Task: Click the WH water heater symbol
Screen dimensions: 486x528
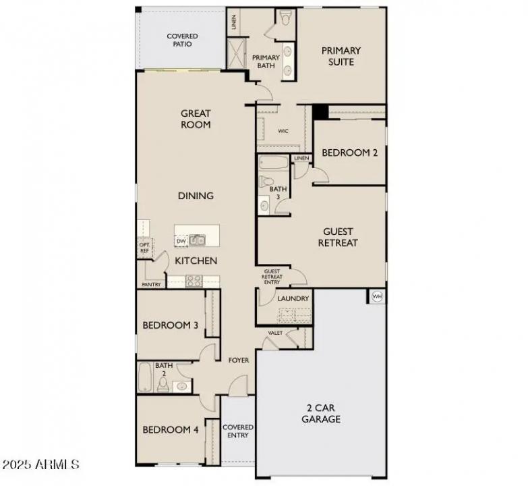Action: tap(376, 296)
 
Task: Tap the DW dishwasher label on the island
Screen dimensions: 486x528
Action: tap(181, 240)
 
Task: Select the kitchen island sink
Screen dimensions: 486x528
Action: tap(197, 240)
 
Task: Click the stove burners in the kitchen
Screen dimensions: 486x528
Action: tap(194, 281)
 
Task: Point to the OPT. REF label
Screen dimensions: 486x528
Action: tap(144, 248)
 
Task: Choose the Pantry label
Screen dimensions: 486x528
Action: tap(152, 284)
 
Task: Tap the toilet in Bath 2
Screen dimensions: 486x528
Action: tap(163, 385)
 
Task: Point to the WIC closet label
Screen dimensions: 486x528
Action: tap(283, 131)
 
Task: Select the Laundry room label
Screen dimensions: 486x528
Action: tap(293, 298)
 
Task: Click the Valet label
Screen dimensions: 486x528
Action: tap(275, 333)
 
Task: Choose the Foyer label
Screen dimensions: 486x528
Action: tap(239, 360)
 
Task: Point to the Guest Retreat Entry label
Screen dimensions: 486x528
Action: tap(272, 277)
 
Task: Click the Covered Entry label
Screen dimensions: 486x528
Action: tap(238, 431)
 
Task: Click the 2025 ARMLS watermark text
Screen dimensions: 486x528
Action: tap(40, 465)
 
